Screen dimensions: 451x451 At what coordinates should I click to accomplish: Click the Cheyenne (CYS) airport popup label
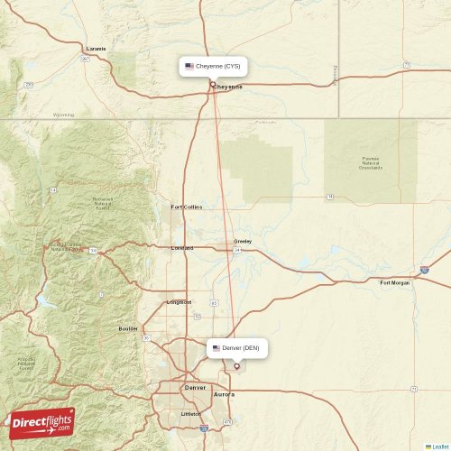pyautogui.click(x=213, y=66)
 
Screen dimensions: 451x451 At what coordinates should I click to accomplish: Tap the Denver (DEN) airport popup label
pyautogui.click(x=237, y=347)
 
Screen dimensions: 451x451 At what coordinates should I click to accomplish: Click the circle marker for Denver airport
pyautogui.click(x=237, y=365)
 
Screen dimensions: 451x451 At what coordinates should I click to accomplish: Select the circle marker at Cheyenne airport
pyautogui.click(x=213, y=85)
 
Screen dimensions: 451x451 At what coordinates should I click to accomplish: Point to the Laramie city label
pyautogui.click(x=96, y=48)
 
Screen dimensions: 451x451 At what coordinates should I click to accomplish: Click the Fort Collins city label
pyautogui.click(x=187, y=207)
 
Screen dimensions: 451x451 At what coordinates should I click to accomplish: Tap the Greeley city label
pyautogui.click(x=243, y=241)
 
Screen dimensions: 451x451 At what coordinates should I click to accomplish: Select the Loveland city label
pyautogui.click(x=183, y=246)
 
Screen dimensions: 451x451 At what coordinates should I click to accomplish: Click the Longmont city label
pyautogui.click(x=179, y=302)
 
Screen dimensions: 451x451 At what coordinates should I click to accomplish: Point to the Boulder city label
pyautogui.click(x=128, y=328)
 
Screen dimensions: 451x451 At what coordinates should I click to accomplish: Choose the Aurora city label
pyautogui.click(x=224, y=394)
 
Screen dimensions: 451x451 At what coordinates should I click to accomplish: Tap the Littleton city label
pyautogui.click(x=191, y=413)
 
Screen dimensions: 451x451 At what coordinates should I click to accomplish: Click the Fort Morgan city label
pyautogui.click(x=394, y=282)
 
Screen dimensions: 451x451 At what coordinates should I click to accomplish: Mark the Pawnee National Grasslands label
pyautogui.click(x=370, y=162)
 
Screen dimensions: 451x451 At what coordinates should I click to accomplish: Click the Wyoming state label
pyautogui.click(x=63, y=115)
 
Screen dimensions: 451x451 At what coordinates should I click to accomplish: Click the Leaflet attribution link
pyautogui.click(x=438, y=446)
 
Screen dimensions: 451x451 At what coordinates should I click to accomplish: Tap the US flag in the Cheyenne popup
pyautogui.click(x=189, y=66)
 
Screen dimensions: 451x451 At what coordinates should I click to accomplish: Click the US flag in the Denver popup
pyautogui.click(x=216, y=347)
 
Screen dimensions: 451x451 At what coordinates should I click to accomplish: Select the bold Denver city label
pyautogui.click(x=195, y=387)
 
